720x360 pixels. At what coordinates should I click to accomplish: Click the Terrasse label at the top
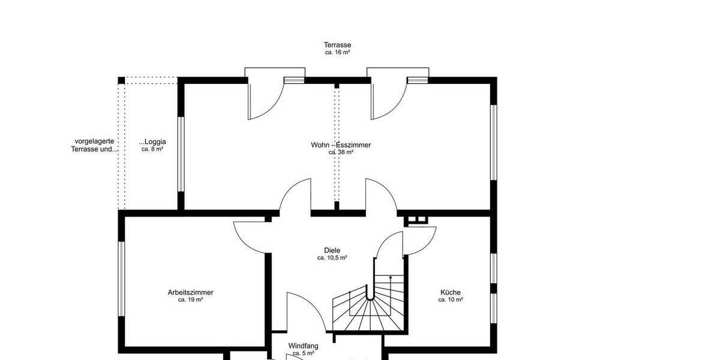pos(337,45)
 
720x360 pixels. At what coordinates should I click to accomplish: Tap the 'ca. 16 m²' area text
pos(337,53)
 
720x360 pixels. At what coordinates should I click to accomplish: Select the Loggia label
pos(152,142)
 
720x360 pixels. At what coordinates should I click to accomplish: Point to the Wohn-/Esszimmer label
pos(341,145)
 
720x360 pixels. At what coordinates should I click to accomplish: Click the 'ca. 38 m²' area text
pos(341,152)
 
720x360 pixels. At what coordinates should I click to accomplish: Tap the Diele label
pos(332,250)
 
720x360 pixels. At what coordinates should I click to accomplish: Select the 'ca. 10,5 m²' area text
pos(332,258)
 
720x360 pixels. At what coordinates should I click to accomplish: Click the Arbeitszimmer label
pos(190,292)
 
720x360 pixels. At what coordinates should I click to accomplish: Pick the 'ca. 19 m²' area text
pos(190,299)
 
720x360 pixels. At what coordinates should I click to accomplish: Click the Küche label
pos(450,292)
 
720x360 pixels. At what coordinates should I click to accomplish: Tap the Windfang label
pos(303,346)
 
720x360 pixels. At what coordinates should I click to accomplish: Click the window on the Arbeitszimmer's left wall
pos(121,278)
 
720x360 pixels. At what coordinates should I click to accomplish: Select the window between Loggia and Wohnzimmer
pos(180,154)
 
